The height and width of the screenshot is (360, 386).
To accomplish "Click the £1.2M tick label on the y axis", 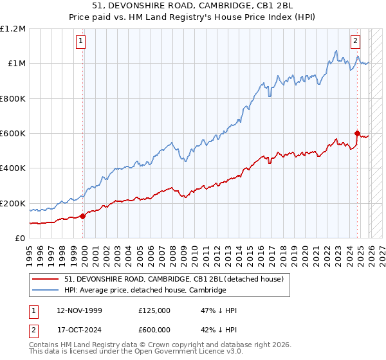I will (13, 28).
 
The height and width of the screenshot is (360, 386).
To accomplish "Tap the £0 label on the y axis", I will (20, 238).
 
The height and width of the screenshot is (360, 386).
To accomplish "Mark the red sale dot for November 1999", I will (83, 216).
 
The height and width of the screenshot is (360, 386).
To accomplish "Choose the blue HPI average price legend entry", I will (145, 290).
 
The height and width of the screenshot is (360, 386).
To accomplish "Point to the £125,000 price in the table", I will (154, 310).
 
